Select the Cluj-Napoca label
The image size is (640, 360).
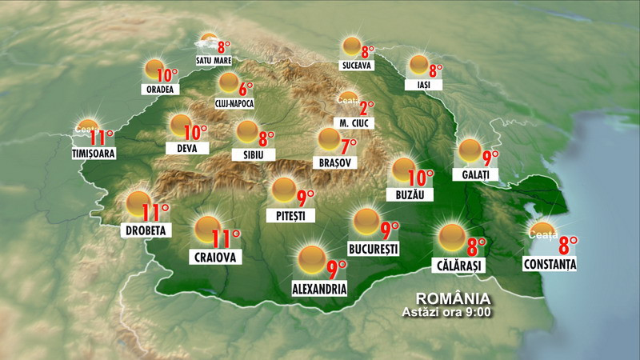pos(234,102)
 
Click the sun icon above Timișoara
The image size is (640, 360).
pos(88,128)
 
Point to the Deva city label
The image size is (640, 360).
pos(187,148)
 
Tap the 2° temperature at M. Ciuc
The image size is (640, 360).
pos(366,108)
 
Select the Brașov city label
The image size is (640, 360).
pos(335,162)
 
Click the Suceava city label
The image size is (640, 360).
pos(356,66)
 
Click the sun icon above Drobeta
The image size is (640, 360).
pos(138,204)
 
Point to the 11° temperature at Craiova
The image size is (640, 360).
pos(226,238)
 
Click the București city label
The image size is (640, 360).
pos(374,248)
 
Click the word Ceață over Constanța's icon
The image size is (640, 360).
pos(542,234)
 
